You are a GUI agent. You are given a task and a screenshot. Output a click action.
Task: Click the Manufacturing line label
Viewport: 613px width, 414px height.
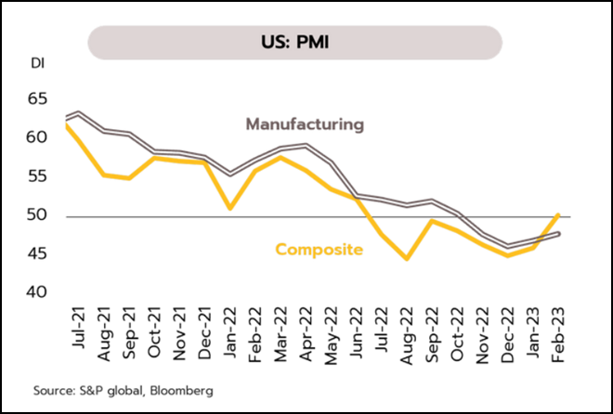pyautogui.click(x=304, y=123)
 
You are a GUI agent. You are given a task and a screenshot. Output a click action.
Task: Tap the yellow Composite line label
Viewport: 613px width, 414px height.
pyautogui.click(x=319, y=249)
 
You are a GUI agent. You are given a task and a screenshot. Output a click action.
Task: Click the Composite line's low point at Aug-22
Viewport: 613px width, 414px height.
pyautogui.click(x=407, y=259)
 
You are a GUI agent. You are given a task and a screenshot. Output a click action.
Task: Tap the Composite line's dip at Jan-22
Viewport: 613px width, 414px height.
pyautogui.click(x=229, y=208)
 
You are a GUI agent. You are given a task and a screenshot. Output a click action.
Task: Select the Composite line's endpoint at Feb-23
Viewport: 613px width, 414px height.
pyautogui.click(x=558, y=214)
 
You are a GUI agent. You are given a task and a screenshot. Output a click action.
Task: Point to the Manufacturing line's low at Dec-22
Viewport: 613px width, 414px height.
pyautogui.click(x=508, y=246)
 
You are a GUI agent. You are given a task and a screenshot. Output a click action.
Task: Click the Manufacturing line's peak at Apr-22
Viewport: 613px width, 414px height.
pyautogui.click(x=306, y=145)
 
